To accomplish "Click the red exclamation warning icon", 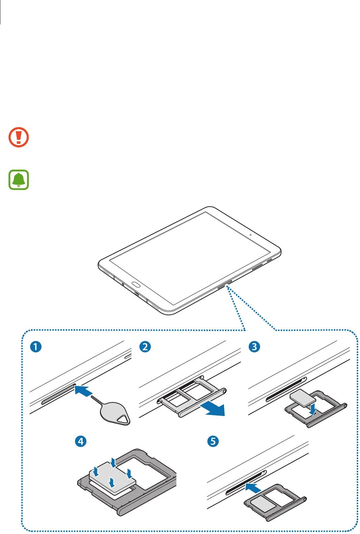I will (x=19, y=137).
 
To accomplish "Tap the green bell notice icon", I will (x=19, y=180).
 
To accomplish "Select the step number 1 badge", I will (x=36, y=347).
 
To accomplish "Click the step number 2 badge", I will (x=145, y=347).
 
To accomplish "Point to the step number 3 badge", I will (x=254, y=347).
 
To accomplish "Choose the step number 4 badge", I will (x=81, y=441).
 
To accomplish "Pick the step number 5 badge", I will (x=213, y=441).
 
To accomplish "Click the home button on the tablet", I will (x=136, y=285).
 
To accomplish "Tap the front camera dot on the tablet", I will (x=251, y=236).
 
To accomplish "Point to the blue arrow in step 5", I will (x=253, y=488).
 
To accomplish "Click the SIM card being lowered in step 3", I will (x=302, y=397).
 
